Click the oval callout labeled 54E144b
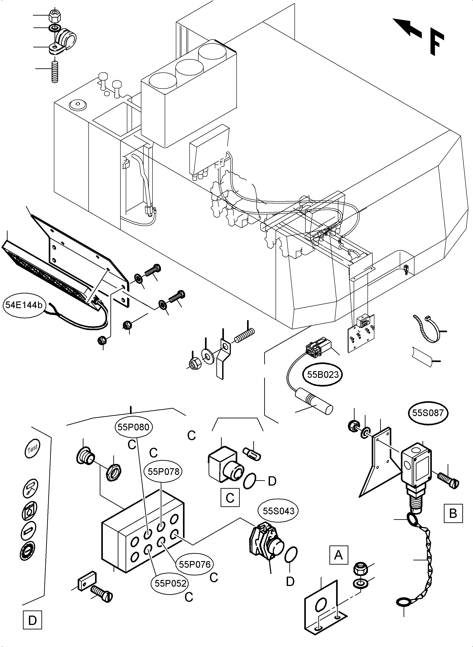pyautogui.click(x=24, y=305)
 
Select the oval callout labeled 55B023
pyautogui.click(x=323, y=375)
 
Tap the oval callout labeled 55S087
pyautogui.click(x=428, y=413)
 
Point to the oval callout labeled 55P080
pyautogui.click(x=133, y=427)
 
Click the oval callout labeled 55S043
pyautogui.click(x=278, y=511)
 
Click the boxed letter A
pyautogui.click(x=338, y=555)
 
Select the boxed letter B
pyautogui.click(x=453, y=513)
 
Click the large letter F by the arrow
pyautogui.click(x=437, y=43)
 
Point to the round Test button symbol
pyautogui.click(x=32, y=448)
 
